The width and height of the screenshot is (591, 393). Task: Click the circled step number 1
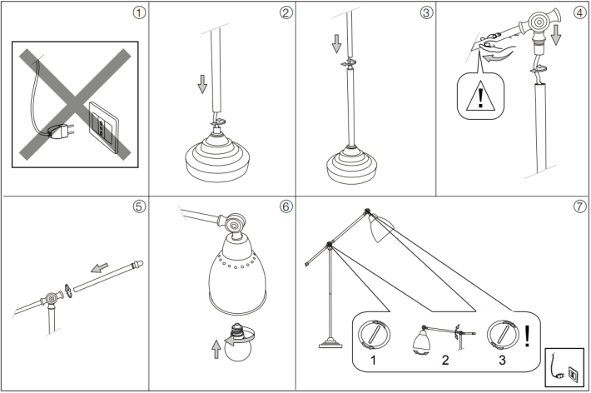click(x=139, y=12)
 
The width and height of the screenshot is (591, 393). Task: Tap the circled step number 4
click(x=580, y=12)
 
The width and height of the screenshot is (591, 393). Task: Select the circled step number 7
click(x=580, y=206)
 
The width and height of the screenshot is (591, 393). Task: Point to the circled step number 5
click(x=139, y=206)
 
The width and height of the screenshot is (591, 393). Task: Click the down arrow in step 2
click(x=202, y=84)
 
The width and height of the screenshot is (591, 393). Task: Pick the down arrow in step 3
click(x=336, y=44)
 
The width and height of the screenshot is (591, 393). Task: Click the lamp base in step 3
click(x=352, y=164)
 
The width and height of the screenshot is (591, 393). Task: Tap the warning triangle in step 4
click(x=480, y=96)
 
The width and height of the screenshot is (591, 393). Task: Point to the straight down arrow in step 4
click(x=555, y=35)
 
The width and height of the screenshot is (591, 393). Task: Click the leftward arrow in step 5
click(x=100, y=268)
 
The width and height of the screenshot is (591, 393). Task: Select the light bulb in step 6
click(x=238, y=342)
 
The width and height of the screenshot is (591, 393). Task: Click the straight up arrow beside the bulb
click(x=216, y=349)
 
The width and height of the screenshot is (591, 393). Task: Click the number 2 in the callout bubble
click(x=445, y=360)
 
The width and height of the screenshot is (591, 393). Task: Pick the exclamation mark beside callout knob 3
click(x=527, y=336)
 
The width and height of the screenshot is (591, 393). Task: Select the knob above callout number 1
click(x=374, y=335)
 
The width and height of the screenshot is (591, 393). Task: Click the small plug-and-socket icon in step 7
click(x=564, y=367)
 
